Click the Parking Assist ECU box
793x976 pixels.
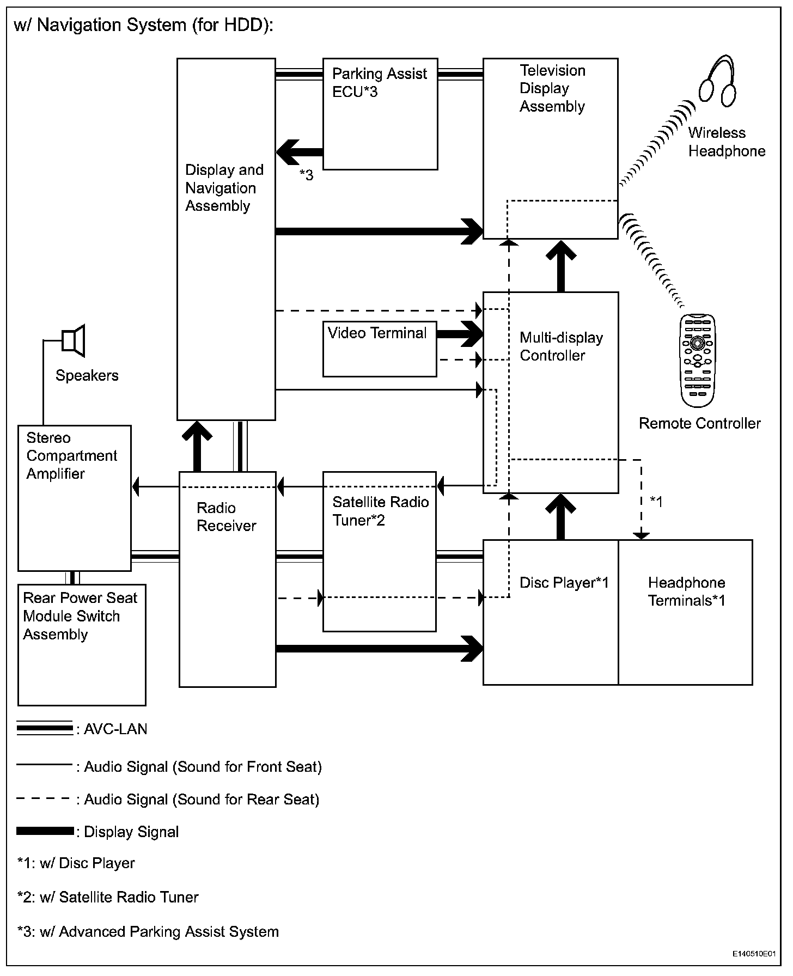(380, 114)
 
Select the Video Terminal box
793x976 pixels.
(380, 349)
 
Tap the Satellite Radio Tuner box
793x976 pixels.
(380, 551)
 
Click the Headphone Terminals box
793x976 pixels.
(685, 612)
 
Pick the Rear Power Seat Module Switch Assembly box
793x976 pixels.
(82, 645)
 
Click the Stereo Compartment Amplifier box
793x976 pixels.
(75, 498)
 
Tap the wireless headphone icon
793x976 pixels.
(718, 80)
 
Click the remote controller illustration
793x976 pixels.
(698, 360)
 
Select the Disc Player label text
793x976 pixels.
(564, 583)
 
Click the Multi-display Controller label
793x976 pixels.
(561, 346)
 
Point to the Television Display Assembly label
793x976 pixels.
(552, 88)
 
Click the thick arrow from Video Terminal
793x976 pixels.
(460, 334)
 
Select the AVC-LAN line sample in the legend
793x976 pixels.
(45, 729)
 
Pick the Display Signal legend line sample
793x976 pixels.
(45, 831)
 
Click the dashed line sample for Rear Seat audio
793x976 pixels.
(44, 799)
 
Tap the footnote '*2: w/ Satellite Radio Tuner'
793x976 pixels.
(108, 897)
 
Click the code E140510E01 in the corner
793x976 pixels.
(753, 954)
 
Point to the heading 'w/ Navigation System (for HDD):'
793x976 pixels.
(143, 25)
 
